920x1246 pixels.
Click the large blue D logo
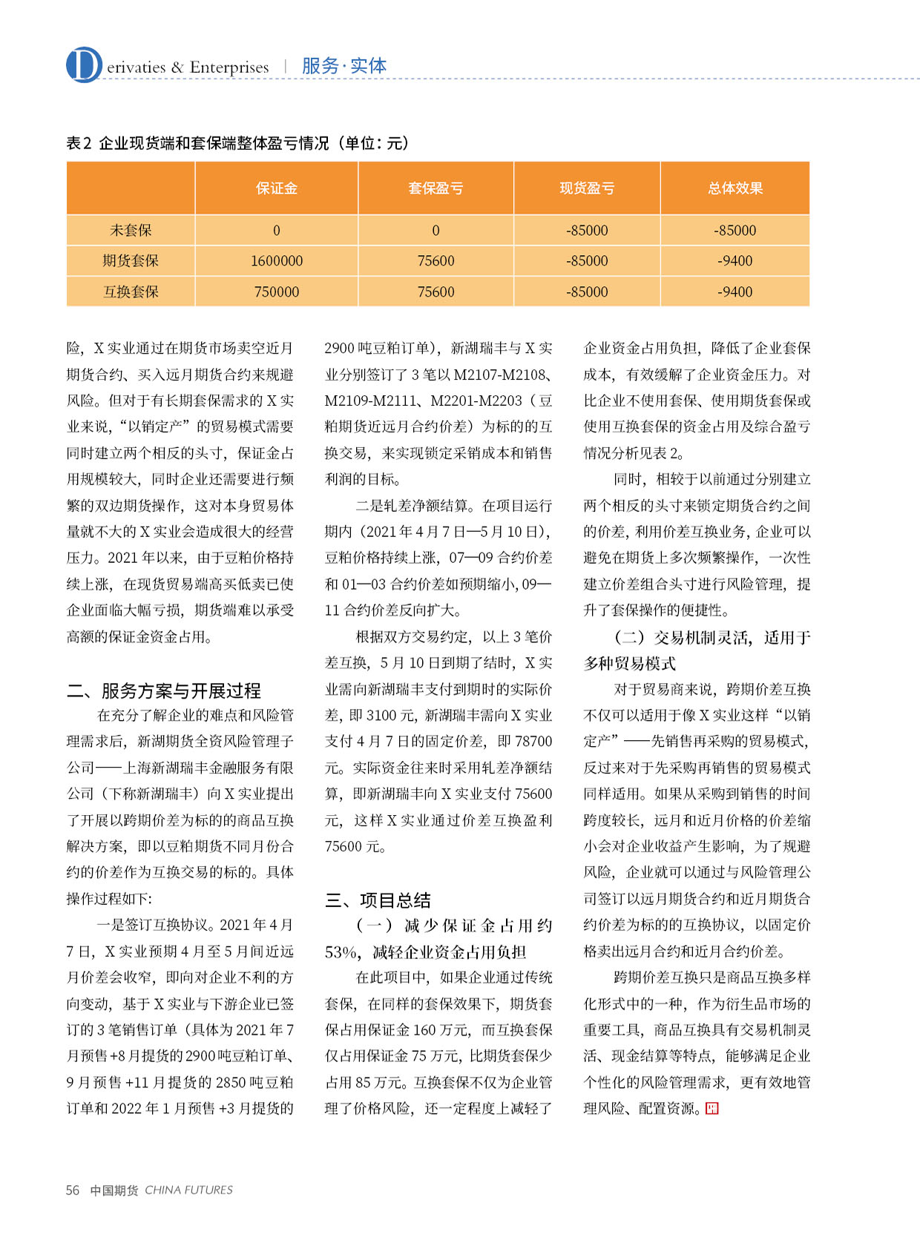pyautogui.click(x=83, y=65)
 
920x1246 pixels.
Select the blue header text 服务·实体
pyautogui.click(x=344, y=66)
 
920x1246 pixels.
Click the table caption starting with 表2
pyautogui.click(x=237, y=143)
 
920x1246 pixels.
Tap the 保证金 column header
pyautogui.click(x=276, y=188)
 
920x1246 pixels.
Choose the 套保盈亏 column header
pyautogui.click(x=436, y=188)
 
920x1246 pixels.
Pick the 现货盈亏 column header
pyautogui.click(x=587, y=188)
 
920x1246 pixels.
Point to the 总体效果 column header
pyautogui.click(x=735, y=188)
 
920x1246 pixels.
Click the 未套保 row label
pyautogui.click(x=131, y=231)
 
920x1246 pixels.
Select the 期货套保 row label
pyautogui.click(x=131, y=261)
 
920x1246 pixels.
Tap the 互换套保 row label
pyautogui.click(x=131, y=291)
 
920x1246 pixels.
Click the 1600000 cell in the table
pyautogui.click(x=276, y=261)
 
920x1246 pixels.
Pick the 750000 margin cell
pyautogui.click(x=276, y=291)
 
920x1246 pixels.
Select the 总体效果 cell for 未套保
pyautogui.click(x=735, y=231)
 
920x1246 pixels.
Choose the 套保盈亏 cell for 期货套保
pyautogui.click(x=436, y=261)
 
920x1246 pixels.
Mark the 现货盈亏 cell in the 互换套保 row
pyautogui.click(x=587, y=291)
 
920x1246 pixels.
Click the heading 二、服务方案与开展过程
pyautogui.click(x=164, y=691)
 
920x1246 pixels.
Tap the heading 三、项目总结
pyautogui.click(x=378, y=900)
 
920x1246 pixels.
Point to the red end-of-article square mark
pyautogui.click(x=712, y=1109)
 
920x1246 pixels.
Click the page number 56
pyautogui.click(x=73, y=1190)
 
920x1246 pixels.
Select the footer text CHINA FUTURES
pyautogui.click(x=188, y=1190)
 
